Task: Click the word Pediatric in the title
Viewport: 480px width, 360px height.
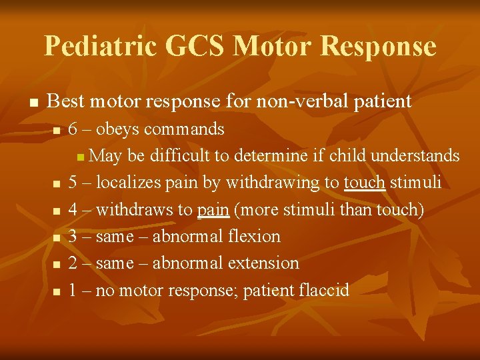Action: pyautogui.click(x=99, y=46)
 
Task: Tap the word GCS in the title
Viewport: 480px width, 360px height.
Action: pyautogui.click(x=197, y=46)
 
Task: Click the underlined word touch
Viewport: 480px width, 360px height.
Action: pyautogui.click(x=365, y=182)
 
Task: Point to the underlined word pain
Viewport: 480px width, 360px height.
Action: pyautogui.click(x=213, y=209)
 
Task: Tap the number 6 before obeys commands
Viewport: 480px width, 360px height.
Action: pyautogui.click(x=73, y=128)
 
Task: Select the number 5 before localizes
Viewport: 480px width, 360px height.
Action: pyautogui.click(x=73, y=182)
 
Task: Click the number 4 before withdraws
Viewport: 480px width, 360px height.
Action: pyautogui.click(x=73, y=209)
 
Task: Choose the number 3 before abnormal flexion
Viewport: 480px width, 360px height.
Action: pyautogui.click(x=73, y=236)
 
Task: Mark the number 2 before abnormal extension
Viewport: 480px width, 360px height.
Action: pyautogui.click(x=73, y=263)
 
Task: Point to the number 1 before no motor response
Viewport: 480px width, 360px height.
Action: pyautogui.click(x=73, y=290)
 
